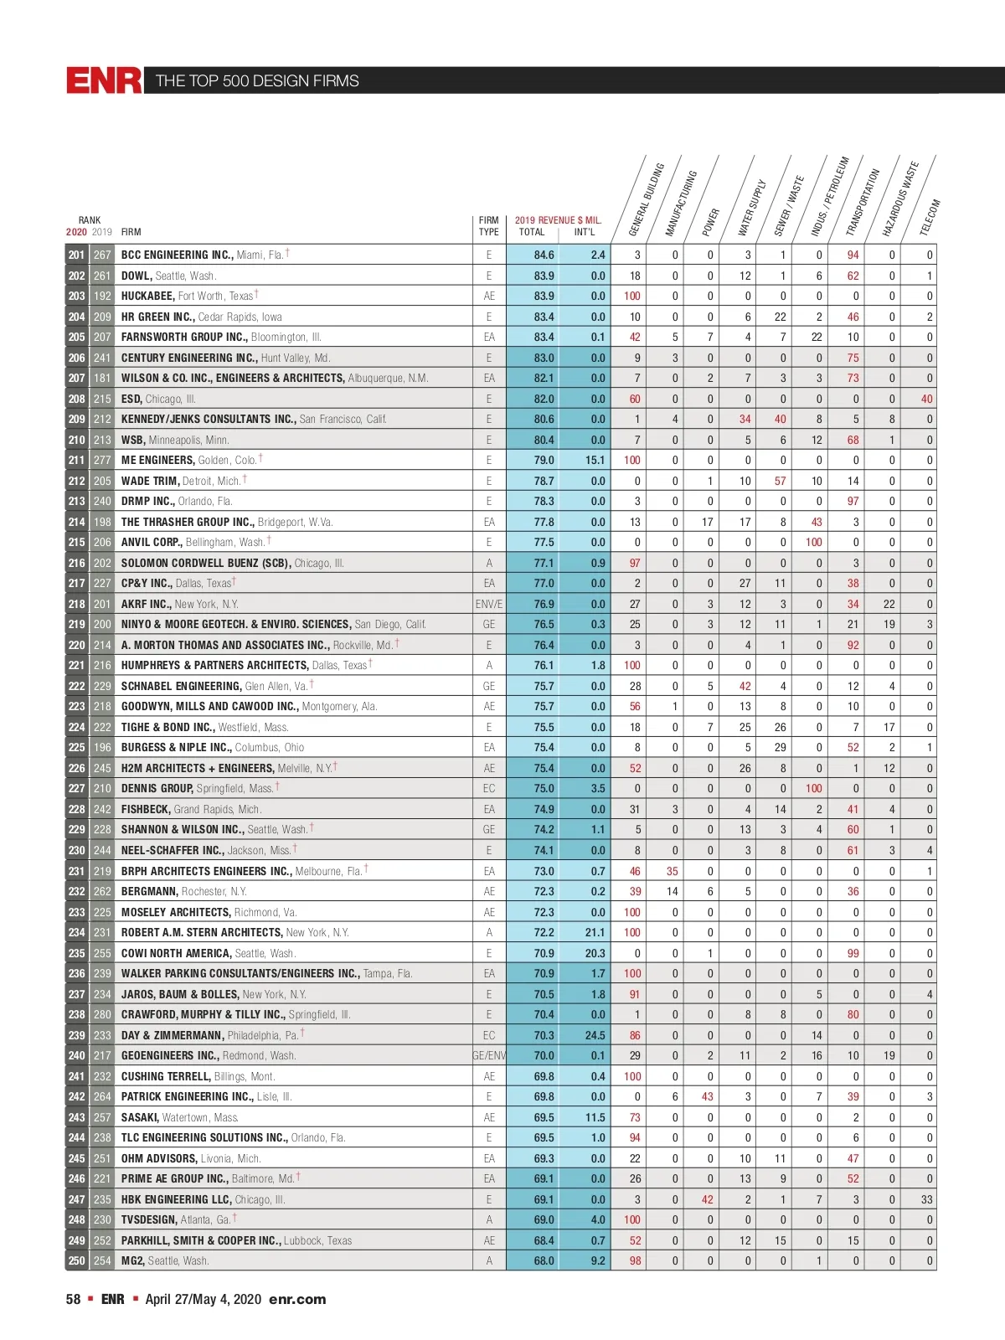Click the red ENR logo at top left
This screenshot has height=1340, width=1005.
(x=105, y=80)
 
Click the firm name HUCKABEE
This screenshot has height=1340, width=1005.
(x=147, y=296)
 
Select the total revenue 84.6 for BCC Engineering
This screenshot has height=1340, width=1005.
(x=544, y=255)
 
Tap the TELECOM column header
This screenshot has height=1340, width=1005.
(x=930, y=216)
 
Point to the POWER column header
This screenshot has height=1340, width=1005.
(x=711, y=221)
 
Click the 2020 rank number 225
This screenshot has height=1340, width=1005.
(x=76, y=747)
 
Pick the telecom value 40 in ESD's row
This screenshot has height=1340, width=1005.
(x=926, y=399)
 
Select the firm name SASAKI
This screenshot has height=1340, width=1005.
(x=140, y=1117)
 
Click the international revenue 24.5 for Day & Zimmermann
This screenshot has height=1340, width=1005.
(x=595, y=1035)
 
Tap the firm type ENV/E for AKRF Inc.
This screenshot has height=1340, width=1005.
(x=489, y=604)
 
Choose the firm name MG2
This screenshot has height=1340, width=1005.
(x=132, y=1260)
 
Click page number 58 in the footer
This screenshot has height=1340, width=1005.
(x=74, y=1299)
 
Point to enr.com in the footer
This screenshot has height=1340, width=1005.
(x=297, y=1299)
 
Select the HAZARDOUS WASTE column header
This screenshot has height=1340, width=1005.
(x=901, y=199)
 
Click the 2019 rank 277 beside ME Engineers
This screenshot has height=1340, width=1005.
(x=101, y=460)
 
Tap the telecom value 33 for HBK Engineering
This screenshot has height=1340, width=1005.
(x=926, y=1199)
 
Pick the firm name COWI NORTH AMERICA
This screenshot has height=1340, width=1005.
(x=176, y=953)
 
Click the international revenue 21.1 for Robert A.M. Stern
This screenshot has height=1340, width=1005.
(x=595, y=932)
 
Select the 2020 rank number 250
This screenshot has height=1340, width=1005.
(x=76, y=1260)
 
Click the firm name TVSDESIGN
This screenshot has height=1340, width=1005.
(x=149, y=1219)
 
